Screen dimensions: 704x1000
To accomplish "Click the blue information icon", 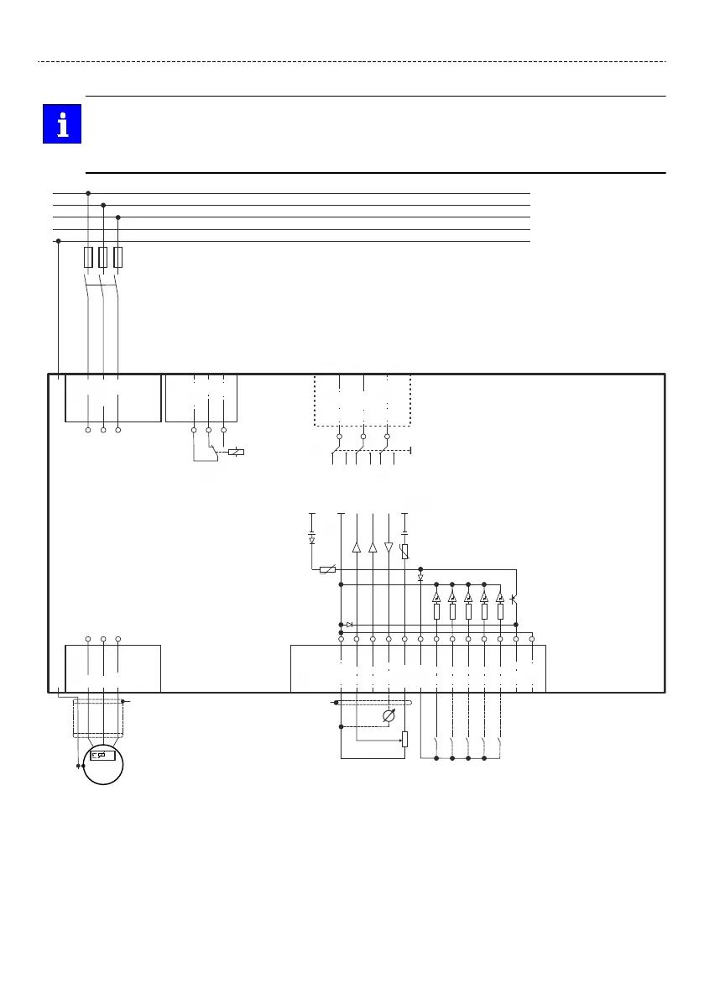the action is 62,124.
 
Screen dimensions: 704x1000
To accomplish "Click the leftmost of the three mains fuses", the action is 88,258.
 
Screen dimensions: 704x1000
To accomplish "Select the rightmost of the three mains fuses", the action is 117,258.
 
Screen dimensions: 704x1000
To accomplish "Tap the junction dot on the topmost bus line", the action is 88,193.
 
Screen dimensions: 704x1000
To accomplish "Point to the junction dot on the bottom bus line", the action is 58,241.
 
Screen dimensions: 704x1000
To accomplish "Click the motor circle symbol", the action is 103,763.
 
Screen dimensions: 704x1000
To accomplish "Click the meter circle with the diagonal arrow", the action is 389,716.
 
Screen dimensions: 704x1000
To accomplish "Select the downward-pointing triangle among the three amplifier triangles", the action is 389,547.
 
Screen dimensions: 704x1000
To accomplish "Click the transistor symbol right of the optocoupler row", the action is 514,599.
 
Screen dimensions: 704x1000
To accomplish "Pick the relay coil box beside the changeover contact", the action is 237,453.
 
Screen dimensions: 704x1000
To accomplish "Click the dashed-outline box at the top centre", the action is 362,401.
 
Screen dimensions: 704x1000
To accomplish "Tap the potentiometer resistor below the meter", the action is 404,739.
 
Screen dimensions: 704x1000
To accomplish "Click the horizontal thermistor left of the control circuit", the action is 328,569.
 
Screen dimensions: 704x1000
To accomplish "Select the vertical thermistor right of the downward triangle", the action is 404,552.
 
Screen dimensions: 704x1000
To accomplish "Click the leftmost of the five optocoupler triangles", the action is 436,598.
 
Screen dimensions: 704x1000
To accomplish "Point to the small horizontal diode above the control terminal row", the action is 349,625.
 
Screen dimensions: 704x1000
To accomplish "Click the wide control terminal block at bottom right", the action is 418,668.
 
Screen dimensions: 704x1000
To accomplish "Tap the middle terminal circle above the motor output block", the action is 103,640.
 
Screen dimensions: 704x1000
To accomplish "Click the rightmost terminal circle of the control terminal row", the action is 532,640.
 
